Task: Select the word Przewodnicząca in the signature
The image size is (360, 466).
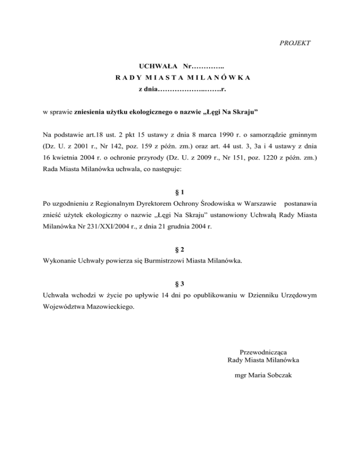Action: coord(263,351)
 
